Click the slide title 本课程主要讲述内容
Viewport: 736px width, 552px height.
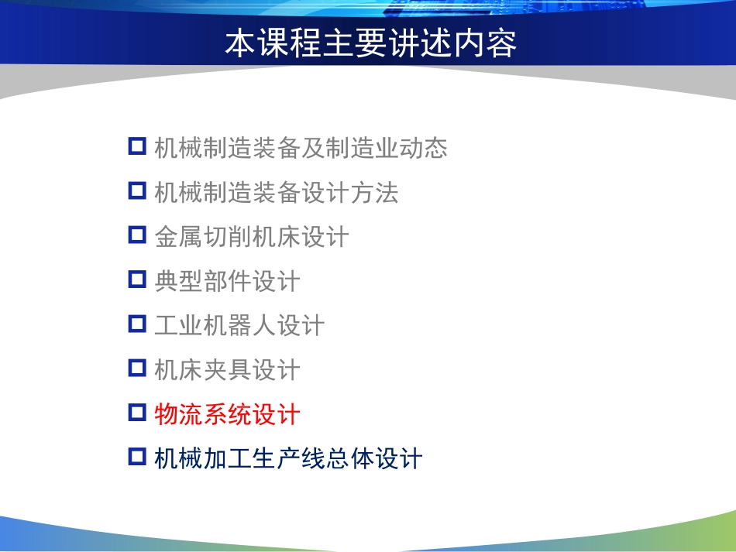(x=370, y=45)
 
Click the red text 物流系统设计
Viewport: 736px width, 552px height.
(x=227, y=414)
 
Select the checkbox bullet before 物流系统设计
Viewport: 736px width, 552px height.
(x=137, y=413)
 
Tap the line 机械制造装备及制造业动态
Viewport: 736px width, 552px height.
(x=301, y=147)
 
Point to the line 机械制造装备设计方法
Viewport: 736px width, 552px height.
(x=276, y=192)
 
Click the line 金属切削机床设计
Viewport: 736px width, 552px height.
(x=252, y=236)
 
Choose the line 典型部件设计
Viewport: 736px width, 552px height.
(x=227, y=281)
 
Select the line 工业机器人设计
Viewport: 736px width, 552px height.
(x=239, y=325)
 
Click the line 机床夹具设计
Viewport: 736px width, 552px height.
(x=227, y=370)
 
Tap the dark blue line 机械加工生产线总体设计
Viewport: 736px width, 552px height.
(x=288, y=458)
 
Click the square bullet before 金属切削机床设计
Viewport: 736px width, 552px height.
(x=137, y=235)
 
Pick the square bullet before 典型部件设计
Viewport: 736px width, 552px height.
(x=137, y=279)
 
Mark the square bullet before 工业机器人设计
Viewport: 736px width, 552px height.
(x=137, y=324)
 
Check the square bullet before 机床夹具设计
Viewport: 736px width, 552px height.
(x=137, y=368)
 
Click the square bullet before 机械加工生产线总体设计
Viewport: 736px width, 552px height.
(x=137, y=457)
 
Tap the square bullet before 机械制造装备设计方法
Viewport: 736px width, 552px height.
(x=137, y=190)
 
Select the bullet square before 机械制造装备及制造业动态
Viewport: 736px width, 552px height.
(x=137, y=146)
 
